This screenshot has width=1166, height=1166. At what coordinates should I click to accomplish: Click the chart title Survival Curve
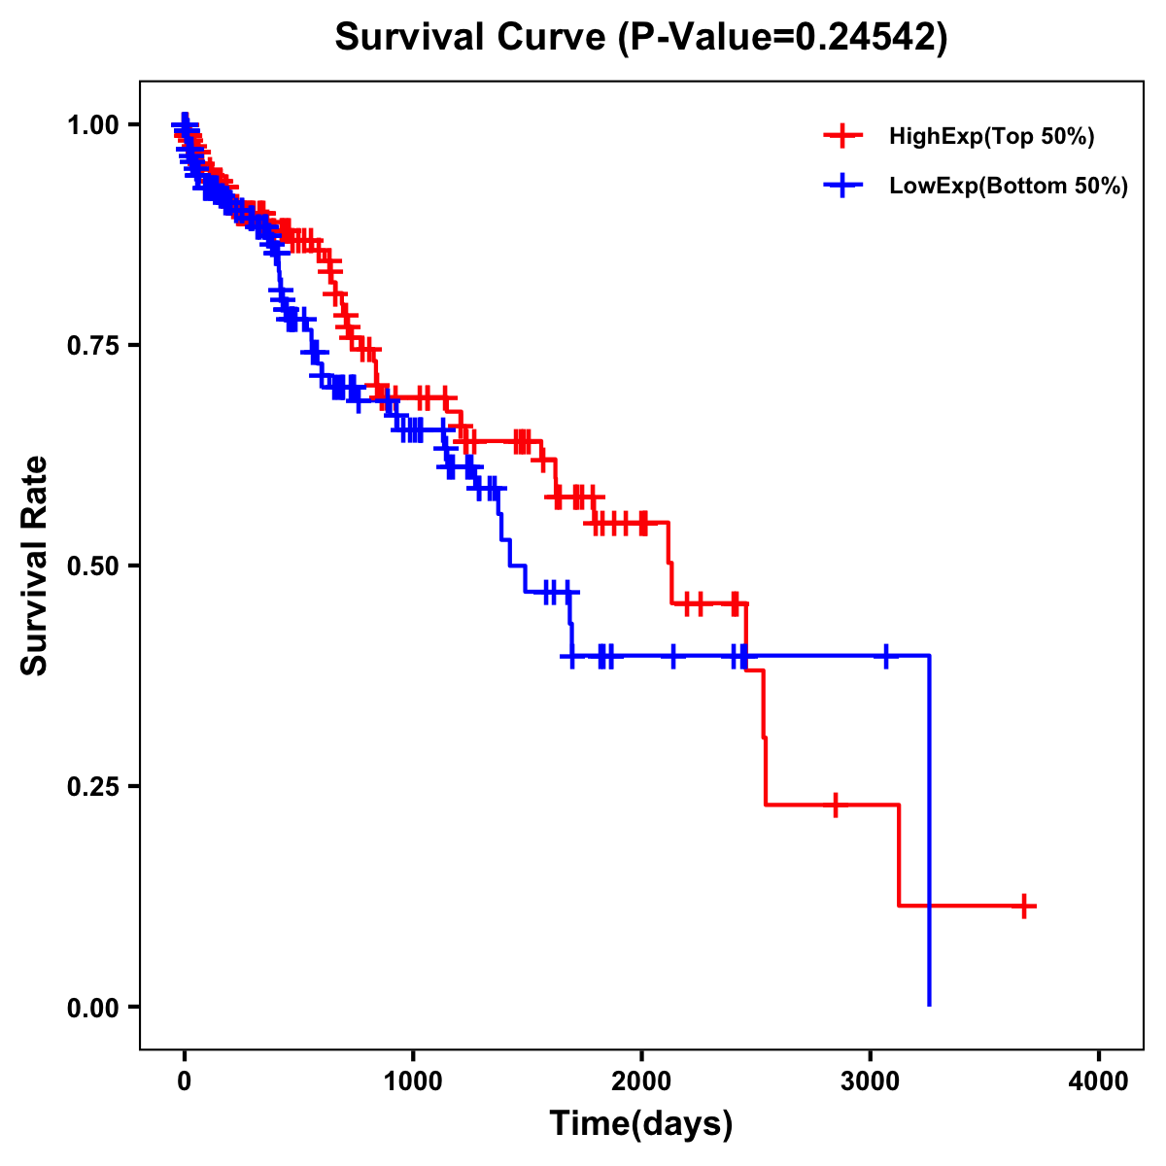click(473, 37)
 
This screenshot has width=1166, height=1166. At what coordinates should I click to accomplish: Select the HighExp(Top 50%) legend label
click(992, 137)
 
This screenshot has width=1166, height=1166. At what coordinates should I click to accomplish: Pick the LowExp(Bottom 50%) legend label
click(1009, 187)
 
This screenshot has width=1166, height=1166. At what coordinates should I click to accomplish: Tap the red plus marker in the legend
click(843, 136)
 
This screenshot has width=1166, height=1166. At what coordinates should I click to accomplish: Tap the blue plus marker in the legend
click(843, 186)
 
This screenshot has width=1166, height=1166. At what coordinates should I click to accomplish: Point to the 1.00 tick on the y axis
click(93, 124)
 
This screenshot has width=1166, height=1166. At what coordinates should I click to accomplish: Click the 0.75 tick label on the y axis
click(93, 345)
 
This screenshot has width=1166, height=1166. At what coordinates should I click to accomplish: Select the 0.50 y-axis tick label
click(93, 566)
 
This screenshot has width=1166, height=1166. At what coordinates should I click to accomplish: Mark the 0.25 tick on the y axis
click(93, 786)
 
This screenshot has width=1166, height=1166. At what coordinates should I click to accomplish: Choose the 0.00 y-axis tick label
click(93, 1007)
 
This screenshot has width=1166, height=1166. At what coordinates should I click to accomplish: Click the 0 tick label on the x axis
click(185, 1080)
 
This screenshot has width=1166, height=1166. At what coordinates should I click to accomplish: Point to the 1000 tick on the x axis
click(413, 1080)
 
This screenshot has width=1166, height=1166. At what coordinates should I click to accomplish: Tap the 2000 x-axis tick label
click(641, 1080)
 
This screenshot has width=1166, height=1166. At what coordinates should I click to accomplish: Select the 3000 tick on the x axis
click(871, 1080)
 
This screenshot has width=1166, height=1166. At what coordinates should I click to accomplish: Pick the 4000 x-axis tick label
click(1099, 1080)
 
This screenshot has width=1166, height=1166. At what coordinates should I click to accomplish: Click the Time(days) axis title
click(641, 1123)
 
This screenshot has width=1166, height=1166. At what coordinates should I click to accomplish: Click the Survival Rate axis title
click(35, 566)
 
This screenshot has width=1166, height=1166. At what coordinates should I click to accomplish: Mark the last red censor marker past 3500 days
click(1023, 906)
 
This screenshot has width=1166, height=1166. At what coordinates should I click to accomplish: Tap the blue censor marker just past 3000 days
click(885, 656)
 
